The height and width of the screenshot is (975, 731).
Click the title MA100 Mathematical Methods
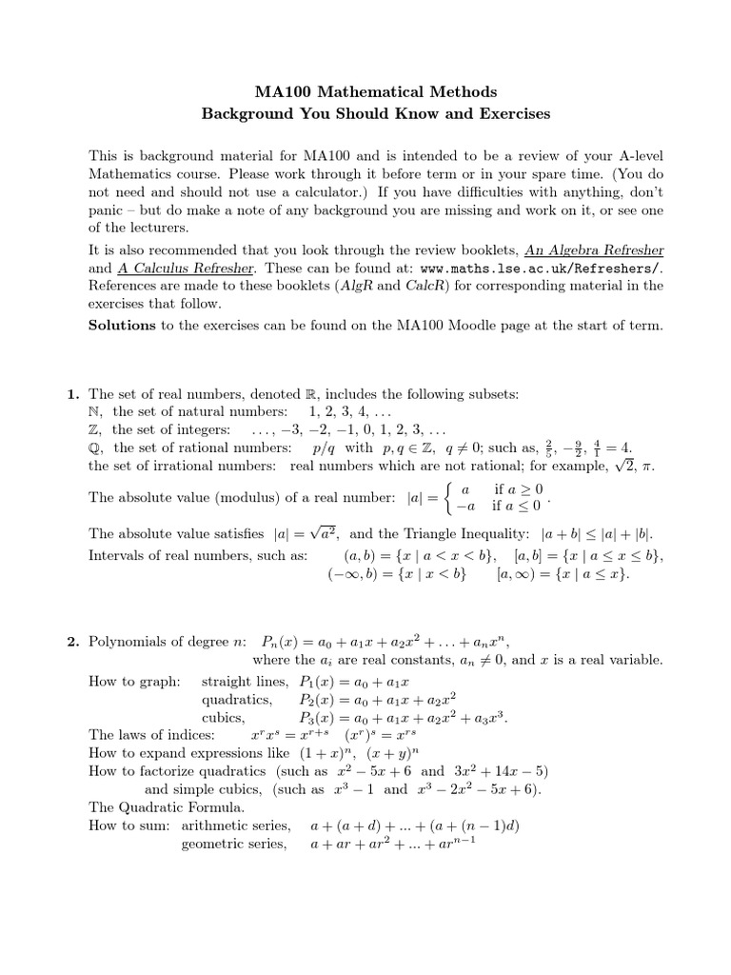(x=375, y=92)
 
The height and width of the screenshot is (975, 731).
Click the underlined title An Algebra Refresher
(x=594, y=249)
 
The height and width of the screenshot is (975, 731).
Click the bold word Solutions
(x=122, y=325)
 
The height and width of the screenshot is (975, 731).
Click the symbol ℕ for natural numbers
(x=94, y=411)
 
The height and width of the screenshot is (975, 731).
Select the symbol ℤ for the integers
(x=94, y=429)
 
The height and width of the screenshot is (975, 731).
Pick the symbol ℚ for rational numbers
(x=94, y=448)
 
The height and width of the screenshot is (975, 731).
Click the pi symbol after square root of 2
(x=648, y=466)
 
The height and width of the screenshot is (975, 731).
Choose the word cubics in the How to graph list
(x=224, y=717)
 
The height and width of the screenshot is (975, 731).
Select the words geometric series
(x=233, y=844)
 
